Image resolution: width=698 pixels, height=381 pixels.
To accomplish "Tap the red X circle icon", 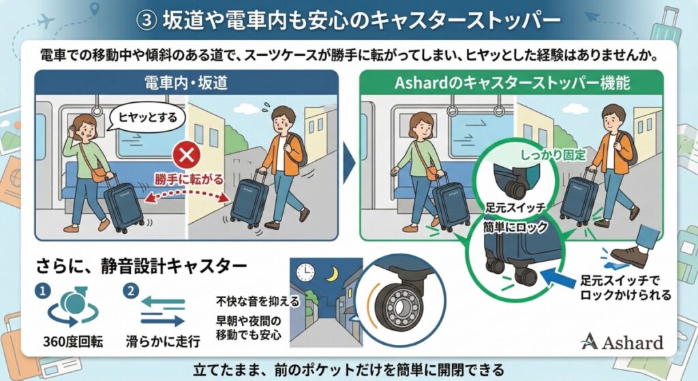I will [x=185, y=157].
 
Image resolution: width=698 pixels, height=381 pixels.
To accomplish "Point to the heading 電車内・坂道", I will [x=185, y=83].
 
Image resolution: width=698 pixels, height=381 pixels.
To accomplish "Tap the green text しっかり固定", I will [x=553, y=155].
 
